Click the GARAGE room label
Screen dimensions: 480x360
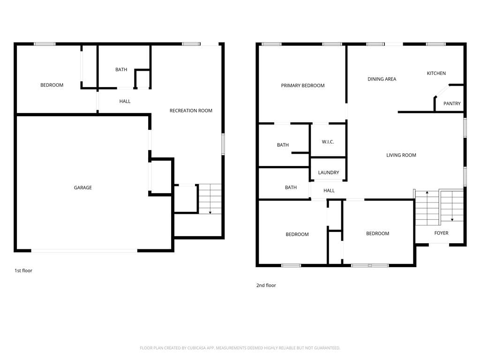coord(82,187)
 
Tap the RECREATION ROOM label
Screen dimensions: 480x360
coord(191,111)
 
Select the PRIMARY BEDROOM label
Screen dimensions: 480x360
coord(303,85)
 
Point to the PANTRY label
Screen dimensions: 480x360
coord(452,104)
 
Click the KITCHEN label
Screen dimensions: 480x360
coord(436,73)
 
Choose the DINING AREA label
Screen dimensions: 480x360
coord(382,79)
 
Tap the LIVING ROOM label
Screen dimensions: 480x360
coord(401,155)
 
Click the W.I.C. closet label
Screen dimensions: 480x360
coord(328,142)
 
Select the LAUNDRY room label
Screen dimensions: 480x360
coord(329,172)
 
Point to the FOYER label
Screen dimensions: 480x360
coord(441,233)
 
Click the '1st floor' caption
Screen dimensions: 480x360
coord(23,270)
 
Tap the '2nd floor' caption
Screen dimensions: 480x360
coord(266,285)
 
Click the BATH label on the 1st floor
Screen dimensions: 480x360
coord(121,69)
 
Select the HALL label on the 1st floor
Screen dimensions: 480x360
coord(125,101)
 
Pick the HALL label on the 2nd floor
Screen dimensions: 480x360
coord(329,190)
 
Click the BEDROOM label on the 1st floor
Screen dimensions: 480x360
coord(52,85)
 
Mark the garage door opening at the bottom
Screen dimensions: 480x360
coord(84,251)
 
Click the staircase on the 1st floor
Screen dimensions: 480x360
coord(210,199)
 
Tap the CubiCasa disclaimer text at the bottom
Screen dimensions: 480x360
coord(240,348)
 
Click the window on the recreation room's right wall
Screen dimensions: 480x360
coord(223,144)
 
